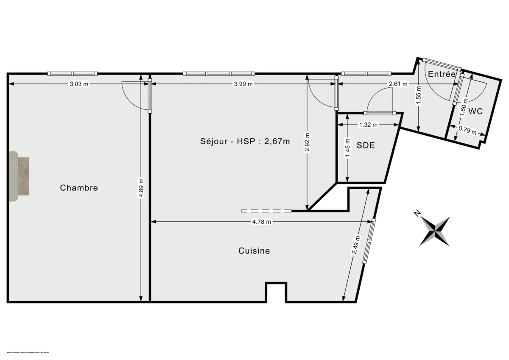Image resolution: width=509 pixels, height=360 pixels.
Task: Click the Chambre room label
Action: [79, 187]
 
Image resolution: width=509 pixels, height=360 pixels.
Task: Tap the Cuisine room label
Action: [254, 251]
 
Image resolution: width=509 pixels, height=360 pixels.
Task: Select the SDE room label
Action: [366, 145]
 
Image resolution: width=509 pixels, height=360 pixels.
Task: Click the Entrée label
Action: [442, 74]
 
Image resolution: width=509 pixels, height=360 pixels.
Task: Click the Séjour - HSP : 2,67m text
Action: [245, 142]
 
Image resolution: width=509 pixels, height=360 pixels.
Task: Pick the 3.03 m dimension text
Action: [79, 84]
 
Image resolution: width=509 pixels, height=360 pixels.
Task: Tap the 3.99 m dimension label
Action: [243, 84]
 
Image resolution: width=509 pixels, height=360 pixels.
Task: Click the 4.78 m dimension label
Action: [261, 222]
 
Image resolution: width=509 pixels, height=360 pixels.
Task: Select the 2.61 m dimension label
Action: [398, 84]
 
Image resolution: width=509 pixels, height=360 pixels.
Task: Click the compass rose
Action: [435, 231]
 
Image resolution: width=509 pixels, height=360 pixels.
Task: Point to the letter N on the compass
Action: [417, 213]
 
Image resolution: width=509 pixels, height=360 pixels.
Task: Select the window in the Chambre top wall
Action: [72, 73]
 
